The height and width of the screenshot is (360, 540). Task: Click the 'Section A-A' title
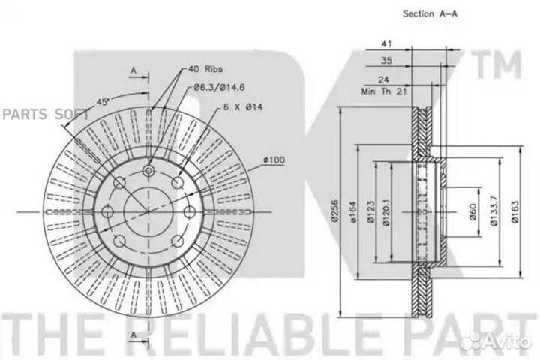pos(430,14)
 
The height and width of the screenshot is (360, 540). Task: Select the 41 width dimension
pos(386,44)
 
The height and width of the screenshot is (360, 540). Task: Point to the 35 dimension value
pos(386,61)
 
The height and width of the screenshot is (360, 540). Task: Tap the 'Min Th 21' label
pos(384,91)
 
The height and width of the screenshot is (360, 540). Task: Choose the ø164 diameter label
pos(353,212)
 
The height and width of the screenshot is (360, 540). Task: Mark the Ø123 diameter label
pos(370,212)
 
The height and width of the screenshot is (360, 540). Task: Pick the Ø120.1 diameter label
pos(386,212)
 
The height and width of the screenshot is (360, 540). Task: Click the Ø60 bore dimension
pos(472,211)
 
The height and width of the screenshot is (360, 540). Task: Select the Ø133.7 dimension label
pos(493,211)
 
